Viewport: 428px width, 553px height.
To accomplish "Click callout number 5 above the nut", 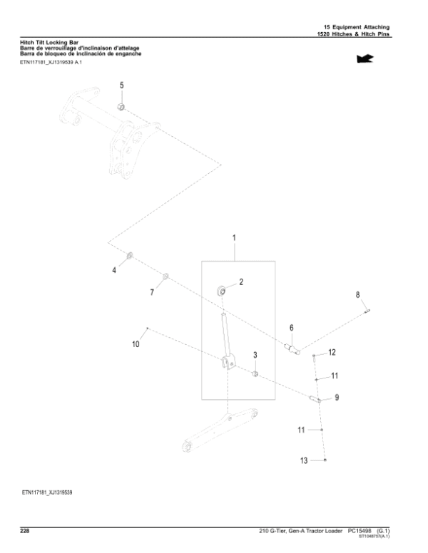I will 121,85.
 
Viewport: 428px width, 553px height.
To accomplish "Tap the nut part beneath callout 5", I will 121,108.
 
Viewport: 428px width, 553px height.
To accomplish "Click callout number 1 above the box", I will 234,237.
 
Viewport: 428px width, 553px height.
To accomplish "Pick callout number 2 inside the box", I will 241,282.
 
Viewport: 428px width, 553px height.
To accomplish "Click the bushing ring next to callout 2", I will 223,290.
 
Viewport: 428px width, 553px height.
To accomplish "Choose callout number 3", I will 255,354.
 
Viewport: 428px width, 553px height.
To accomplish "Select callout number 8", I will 358,294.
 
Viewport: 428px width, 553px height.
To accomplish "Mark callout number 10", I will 136,345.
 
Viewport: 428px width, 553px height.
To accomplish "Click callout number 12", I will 332,353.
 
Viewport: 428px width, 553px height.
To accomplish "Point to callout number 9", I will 336,397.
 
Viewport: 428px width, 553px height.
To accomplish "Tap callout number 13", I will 304,461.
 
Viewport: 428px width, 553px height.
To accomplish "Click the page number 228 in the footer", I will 26,530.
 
